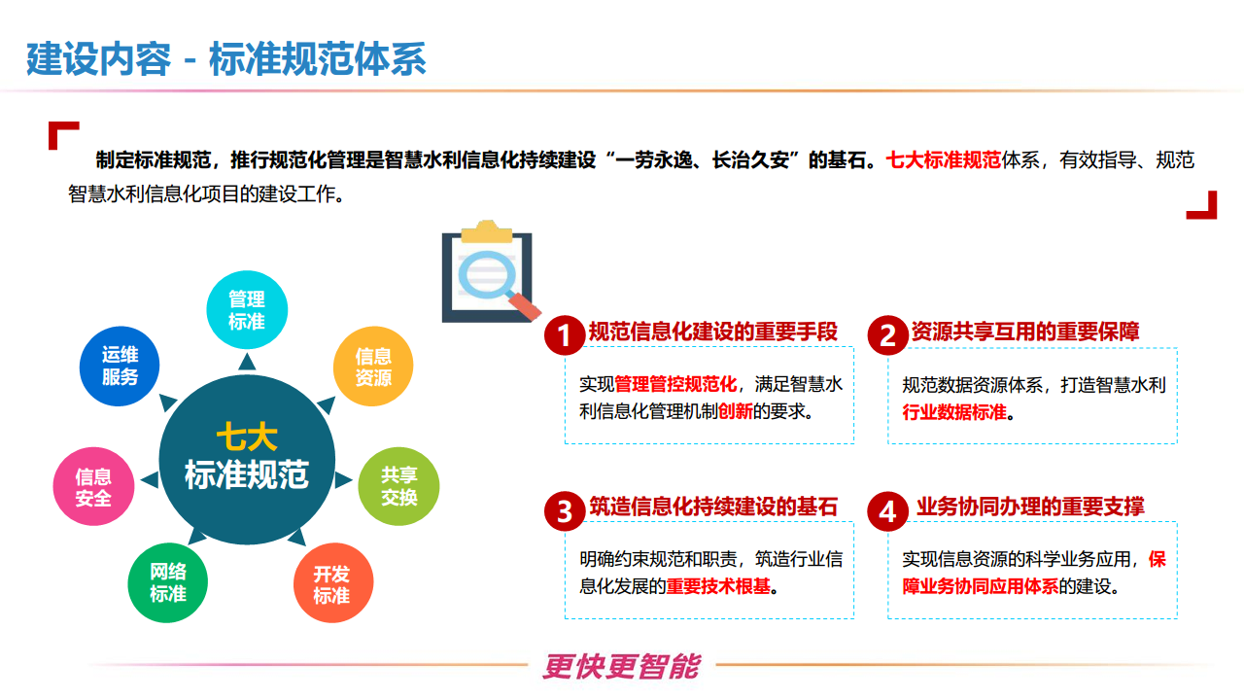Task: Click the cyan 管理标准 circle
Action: click(247, 309)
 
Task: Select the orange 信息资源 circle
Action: click(373, 367)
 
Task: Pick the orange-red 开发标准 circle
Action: click(332, 583)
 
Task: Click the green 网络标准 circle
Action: click(168, 582)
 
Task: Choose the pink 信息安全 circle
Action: click(93, 487)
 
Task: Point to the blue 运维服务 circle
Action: click(120, 366)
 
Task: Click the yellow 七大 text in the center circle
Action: click(247, 437)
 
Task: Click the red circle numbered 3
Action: click(565, 510)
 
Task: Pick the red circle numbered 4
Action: click(887, 510)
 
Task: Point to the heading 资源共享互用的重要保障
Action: click(1025, 332)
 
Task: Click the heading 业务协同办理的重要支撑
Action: click(1030, 507)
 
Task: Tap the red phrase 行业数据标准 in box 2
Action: click(954, 411)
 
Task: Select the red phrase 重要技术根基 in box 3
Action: click(719, 586)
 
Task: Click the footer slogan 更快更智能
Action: click(621, 666)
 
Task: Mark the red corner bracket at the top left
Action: click(62, 134)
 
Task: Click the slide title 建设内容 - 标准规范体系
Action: click(225, 59)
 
